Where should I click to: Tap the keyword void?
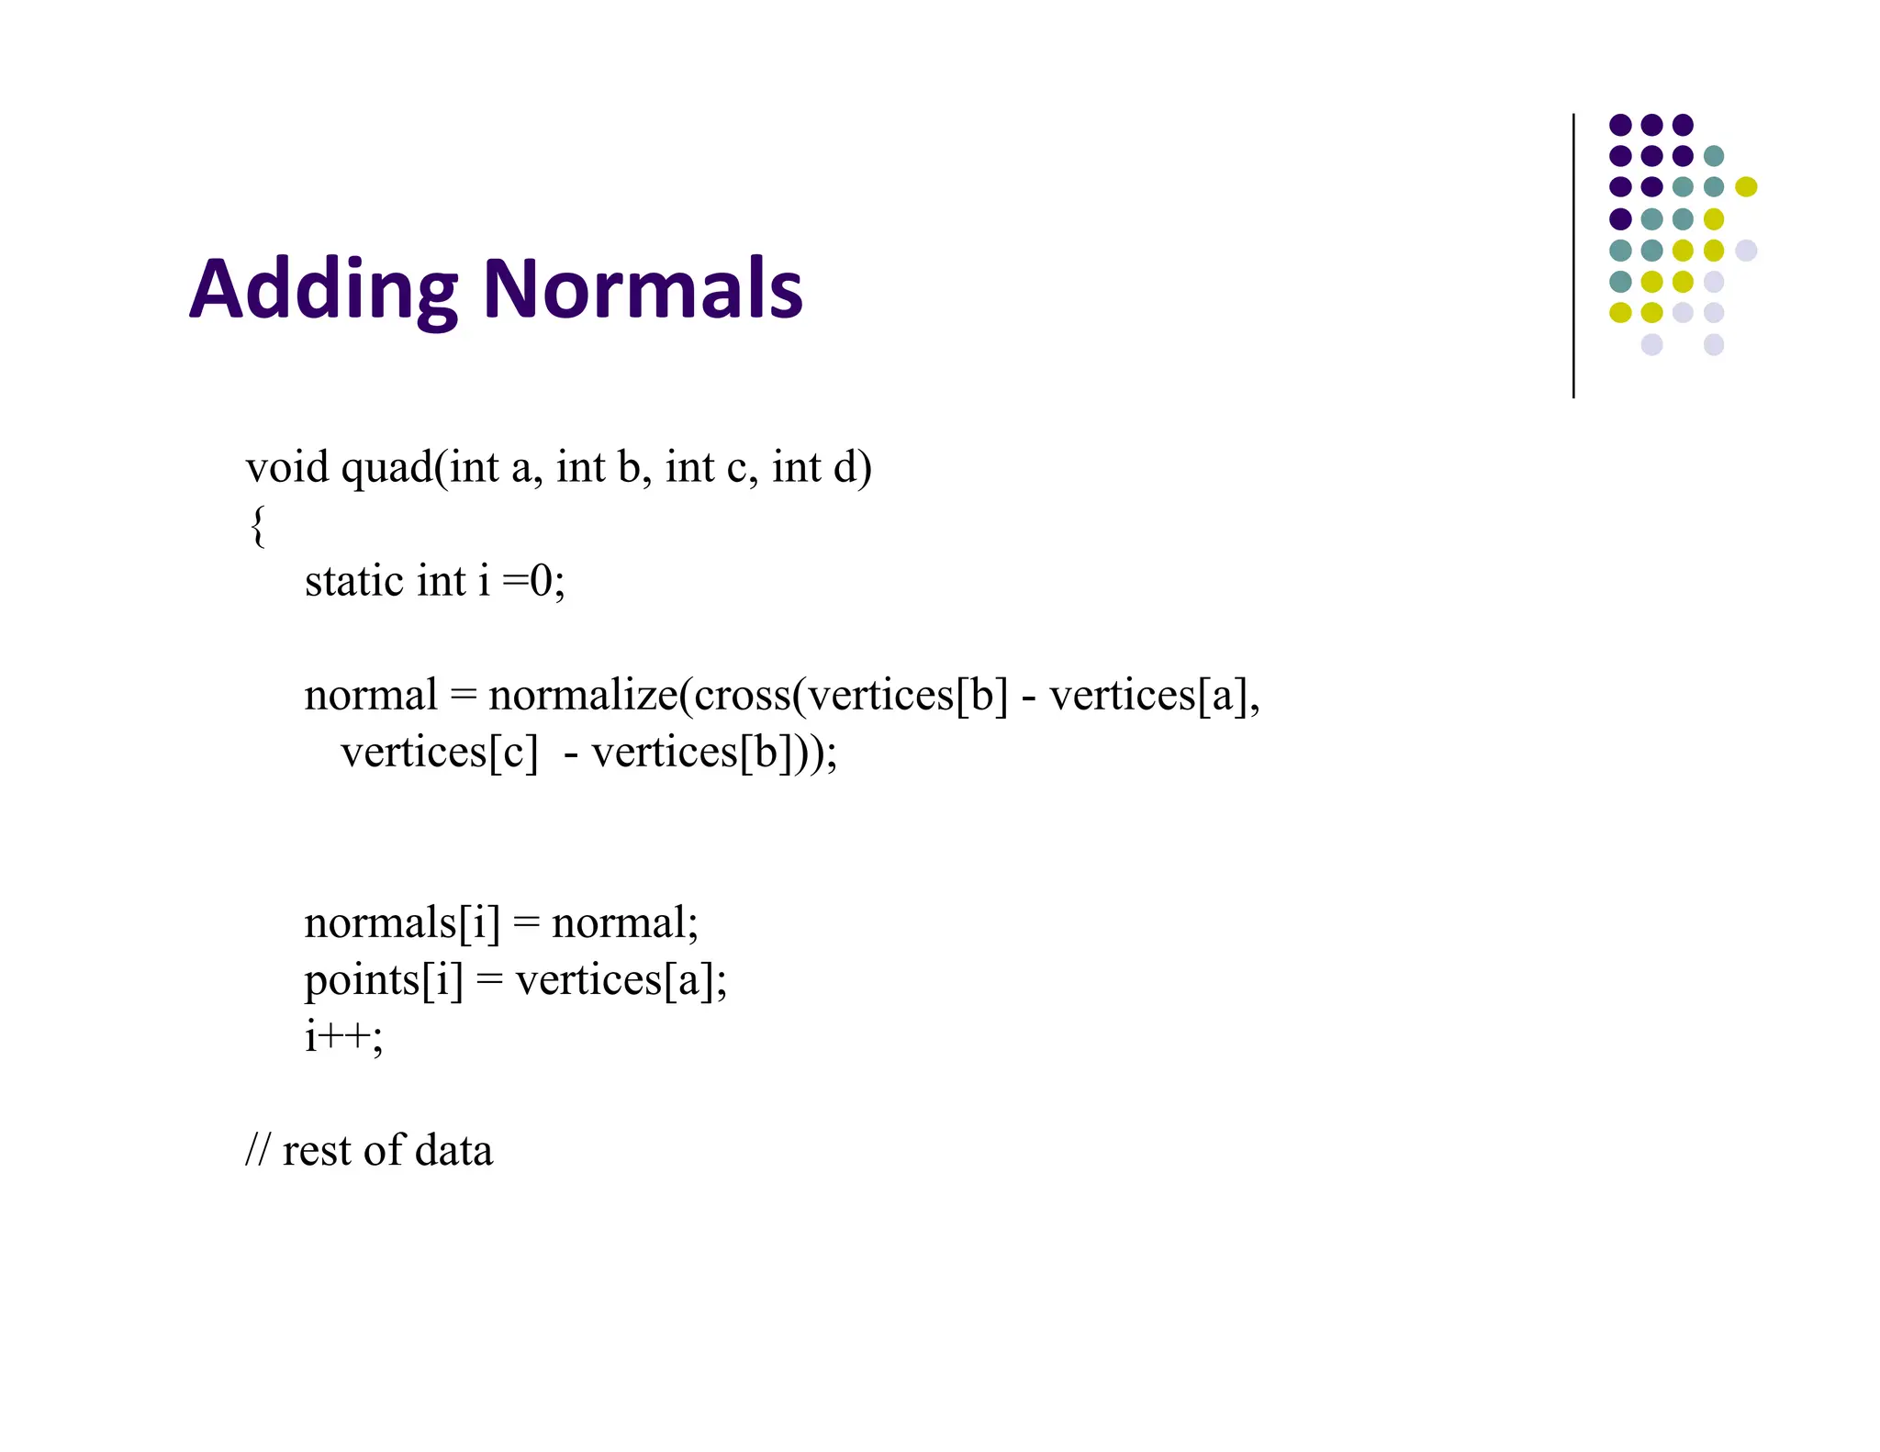[x=286, y=467]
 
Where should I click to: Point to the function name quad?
[x=386, y=469]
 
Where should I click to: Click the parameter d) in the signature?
[x=852, y=468]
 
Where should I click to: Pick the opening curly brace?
[x=258, y=526]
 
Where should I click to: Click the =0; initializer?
[x=534, y=581]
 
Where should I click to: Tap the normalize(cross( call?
[x=646, y=696]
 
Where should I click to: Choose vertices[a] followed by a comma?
[x=1155, y=696]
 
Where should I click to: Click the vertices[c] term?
[x=439, y=754]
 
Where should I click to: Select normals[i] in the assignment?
[x=402, y=923]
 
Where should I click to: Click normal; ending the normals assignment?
[x=625, y=923]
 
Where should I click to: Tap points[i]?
[x=384, y=981]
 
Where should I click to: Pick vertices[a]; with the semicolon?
[x=621, y=980]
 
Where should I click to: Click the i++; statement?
[x=343, y=1037]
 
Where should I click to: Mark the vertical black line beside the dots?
[x=1573, y=256]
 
